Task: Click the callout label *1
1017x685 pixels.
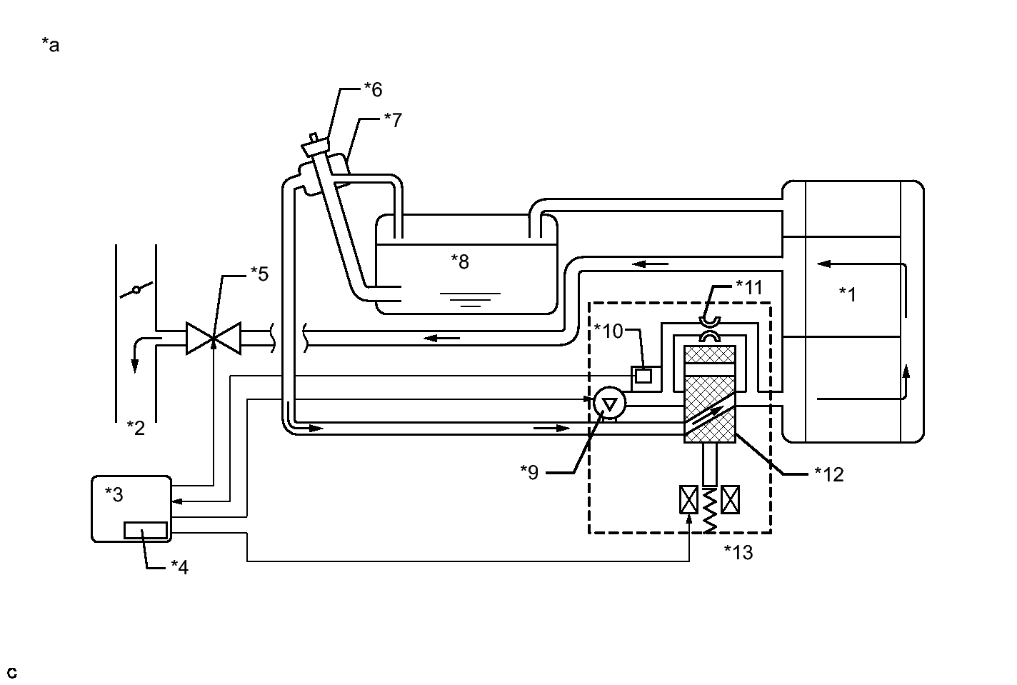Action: [x=847, y=294]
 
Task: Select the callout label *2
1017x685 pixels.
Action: [x=136, y=428]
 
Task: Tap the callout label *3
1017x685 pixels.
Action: [x=114, y=494]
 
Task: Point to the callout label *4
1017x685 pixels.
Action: [x=179, y=567]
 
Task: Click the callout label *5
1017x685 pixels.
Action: [x=259, y=274]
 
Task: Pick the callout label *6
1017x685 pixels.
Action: [x=373, y=89]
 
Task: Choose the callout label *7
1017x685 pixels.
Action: [x=393, y=119]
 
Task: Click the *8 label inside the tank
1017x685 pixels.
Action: [x=460, y=261]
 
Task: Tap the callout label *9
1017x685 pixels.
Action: [x=529, y=472]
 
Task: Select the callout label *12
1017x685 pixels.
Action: [x=828, y=474]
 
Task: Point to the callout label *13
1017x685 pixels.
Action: [x=738, y=552]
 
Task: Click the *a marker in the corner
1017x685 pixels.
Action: [x=51, y=46]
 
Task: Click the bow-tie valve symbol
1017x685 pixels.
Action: [x=214, y=337]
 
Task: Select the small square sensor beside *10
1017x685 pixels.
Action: [x=643, y=375]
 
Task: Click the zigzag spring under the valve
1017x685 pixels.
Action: [x=709, y=509]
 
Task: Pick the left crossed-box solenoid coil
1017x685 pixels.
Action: [x=688, y=499]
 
